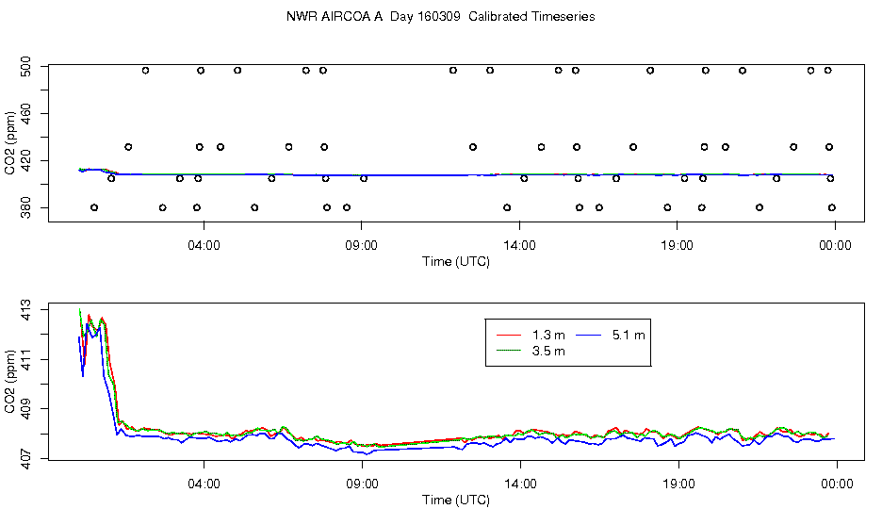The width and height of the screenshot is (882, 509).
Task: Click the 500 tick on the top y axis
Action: pos(26,68)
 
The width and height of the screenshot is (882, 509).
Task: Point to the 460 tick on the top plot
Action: pos(26,114)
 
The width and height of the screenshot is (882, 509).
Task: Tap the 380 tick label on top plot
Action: pos(26,207)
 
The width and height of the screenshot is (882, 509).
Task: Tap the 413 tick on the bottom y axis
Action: pos(26,310)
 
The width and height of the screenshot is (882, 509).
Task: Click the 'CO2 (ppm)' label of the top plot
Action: pos(10,139)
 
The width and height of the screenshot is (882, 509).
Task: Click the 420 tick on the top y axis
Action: pos(26,161)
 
